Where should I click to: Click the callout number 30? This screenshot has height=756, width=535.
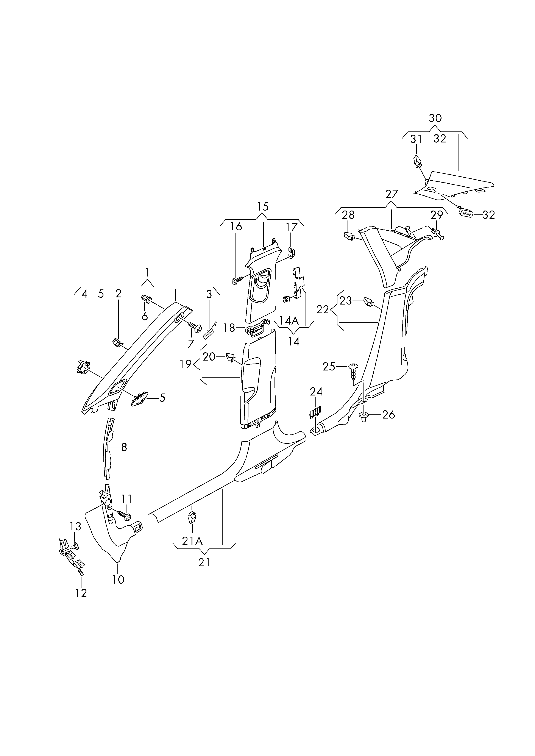(435, 118)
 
